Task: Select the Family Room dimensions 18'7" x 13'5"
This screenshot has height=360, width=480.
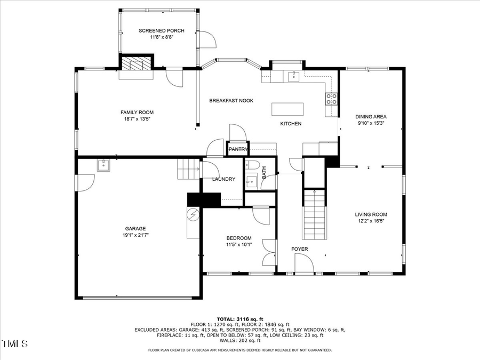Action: coord(137,119)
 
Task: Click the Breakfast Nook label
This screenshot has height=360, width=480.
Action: coord(231,101)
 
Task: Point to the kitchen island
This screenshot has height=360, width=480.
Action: coord(287,109)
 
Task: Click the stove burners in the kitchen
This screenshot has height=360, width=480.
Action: coord(331,98)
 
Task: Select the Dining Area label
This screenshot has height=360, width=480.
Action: coord(371,116)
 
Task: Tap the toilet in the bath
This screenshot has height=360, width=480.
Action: coord(253,165)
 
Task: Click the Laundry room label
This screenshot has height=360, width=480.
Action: coord(223,179)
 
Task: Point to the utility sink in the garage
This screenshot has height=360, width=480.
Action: coord(103,164)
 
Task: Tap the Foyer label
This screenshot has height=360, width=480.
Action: coord(299,249)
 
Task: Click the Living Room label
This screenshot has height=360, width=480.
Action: coord(371,214)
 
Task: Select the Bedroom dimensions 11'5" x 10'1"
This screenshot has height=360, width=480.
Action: coord(238,245)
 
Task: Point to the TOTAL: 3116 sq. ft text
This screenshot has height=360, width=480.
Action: coord(239,319)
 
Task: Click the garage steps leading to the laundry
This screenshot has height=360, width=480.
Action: coord(188,170)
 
